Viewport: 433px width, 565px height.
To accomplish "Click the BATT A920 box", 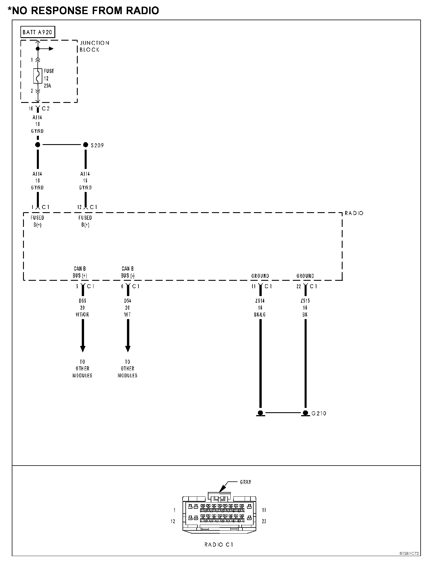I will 38,32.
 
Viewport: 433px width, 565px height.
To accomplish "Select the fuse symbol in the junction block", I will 38,76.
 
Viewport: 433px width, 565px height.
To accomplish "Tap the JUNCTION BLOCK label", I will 94,46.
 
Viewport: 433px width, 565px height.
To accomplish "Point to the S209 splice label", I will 97,146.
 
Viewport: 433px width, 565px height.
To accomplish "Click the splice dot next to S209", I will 86,145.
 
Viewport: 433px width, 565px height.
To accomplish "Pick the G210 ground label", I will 319,413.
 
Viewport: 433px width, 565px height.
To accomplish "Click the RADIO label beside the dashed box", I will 354,213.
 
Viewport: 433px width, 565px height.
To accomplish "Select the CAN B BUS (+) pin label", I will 80,272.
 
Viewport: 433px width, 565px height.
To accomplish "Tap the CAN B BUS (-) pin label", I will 128,272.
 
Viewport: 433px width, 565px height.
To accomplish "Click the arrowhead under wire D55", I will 83,349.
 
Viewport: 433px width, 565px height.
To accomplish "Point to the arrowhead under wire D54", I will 128,349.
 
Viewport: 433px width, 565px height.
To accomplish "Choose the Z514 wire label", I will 260,301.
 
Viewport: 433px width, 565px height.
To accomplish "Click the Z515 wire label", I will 305,301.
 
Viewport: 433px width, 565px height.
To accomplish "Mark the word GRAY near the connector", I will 245,482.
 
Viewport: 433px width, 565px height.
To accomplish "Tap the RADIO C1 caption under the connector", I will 219,545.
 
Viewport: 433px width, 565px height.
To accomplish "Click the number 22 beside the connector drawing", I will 264,521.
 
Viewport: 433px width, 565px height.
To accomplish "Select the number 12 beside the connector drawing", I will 173,521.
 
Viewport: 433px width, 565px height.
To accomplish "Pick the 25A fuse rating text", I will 48,86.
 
